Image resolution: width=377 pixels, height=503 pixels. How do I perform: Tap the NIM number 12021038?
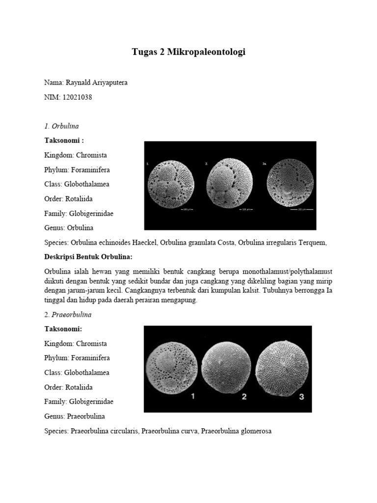coord(77,97)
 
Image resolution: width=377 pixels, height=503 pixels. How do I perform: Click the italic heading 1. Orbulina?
coord(61,126)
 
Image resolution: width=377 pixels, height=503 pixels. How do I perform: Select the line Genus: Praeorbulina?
coord(75,417)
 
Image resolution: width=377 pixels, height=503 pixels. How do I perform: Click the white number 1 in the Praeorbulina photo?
coord(193,397)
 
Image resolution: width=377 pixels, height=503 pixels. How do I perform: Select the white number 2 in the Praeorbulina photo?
coord(244,397)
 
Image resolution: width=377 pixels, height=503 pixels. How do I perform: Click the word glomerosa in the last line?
coord(255,431)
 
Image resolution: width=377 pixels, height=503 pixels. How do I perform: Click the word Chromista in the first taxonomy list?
coord(91,155)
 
